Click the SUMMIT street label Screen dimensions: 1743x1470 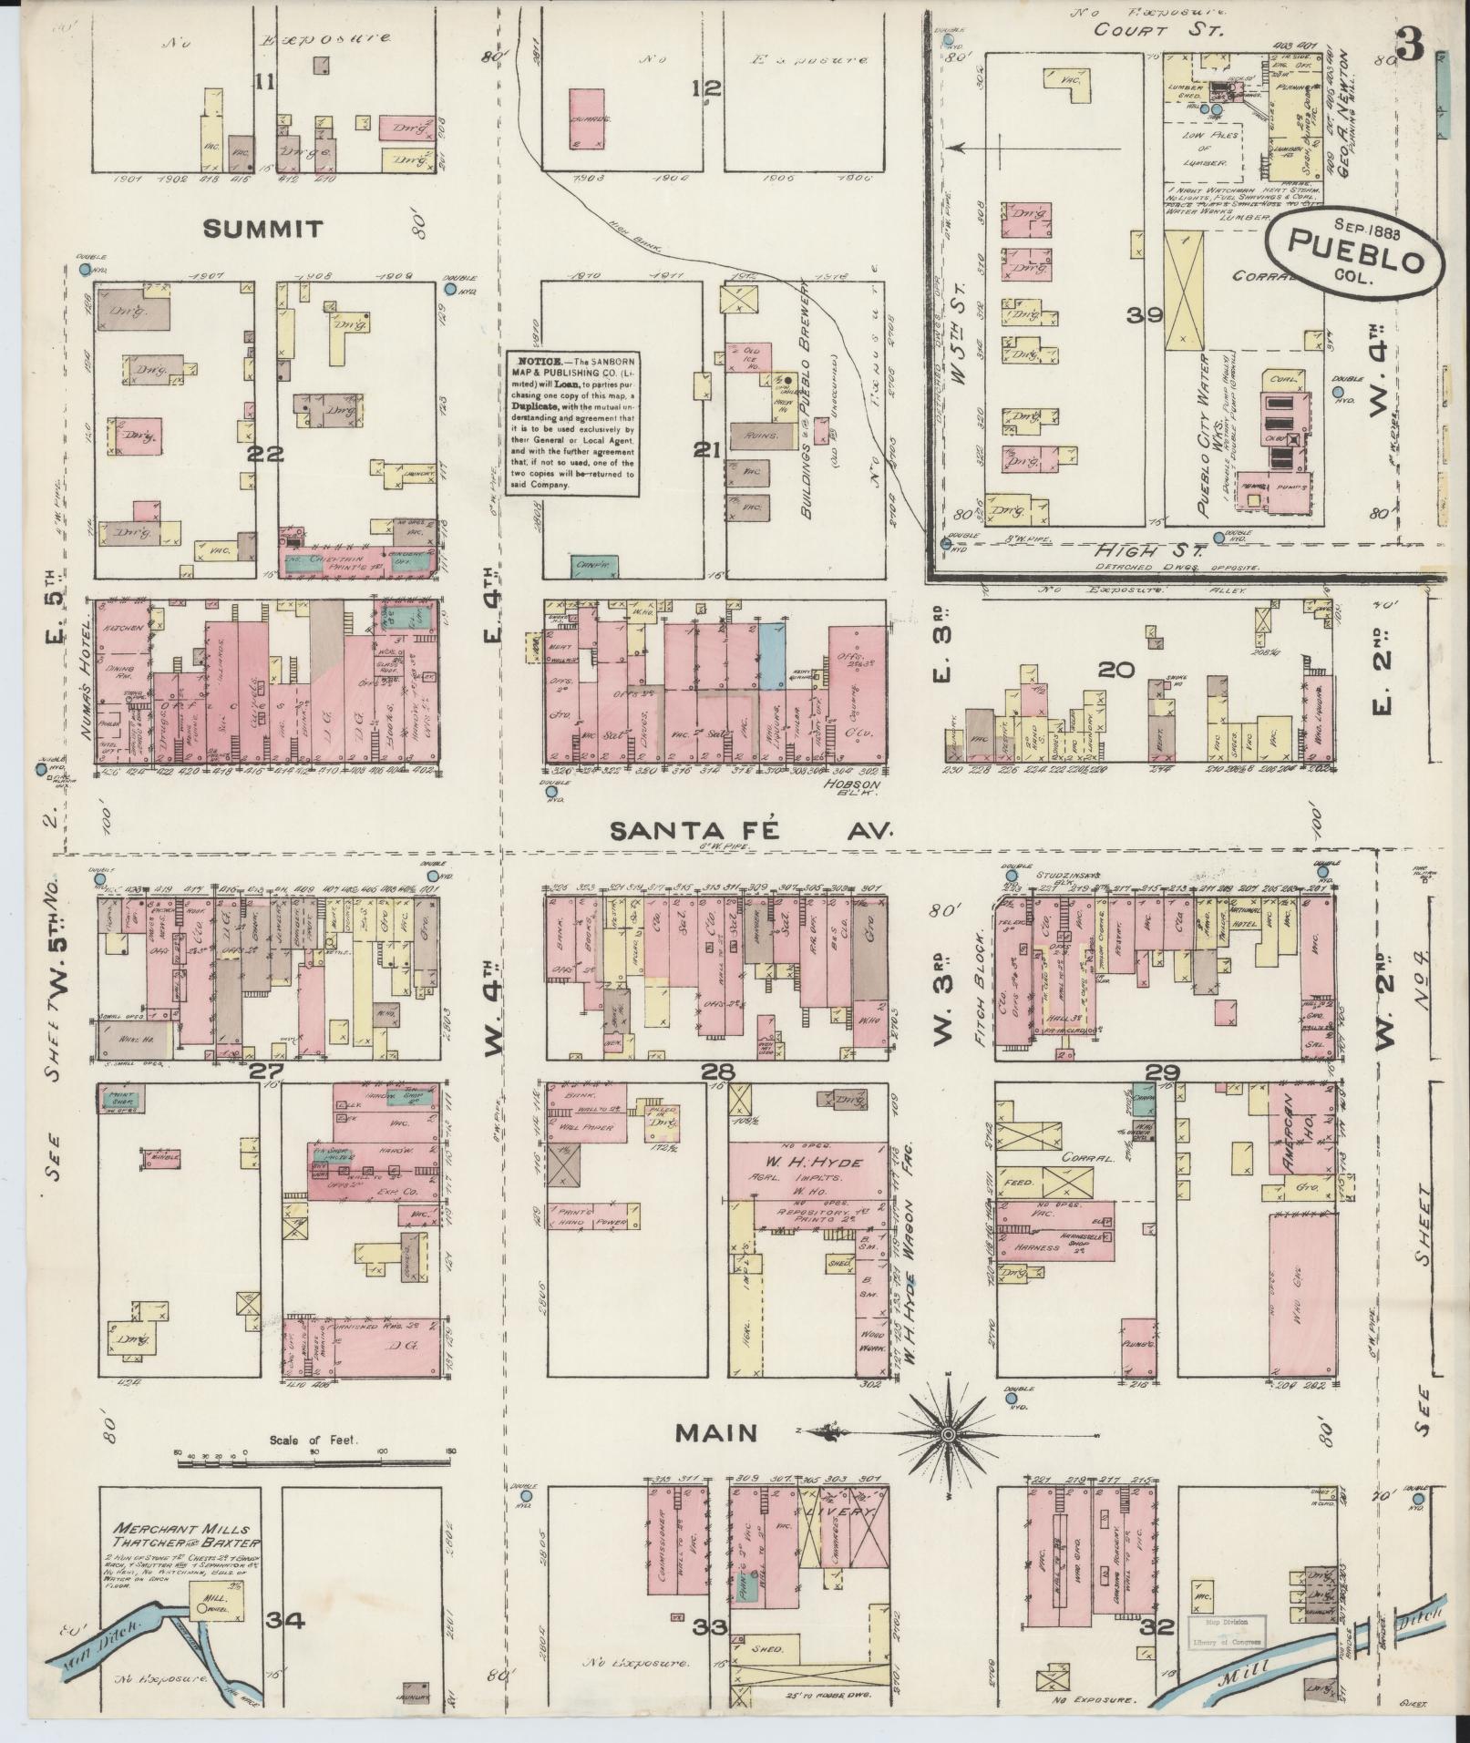pyautogui.click(x=262, y=229)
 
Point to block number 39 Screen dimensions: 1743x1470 pyautogui.click(x=1143, y=315)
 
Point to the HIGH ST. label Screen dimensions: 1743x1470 pyautogui.click(x=1152, y=551)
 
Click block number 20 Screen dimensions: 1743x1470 pyautogui.click(x=1115, y=671)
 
